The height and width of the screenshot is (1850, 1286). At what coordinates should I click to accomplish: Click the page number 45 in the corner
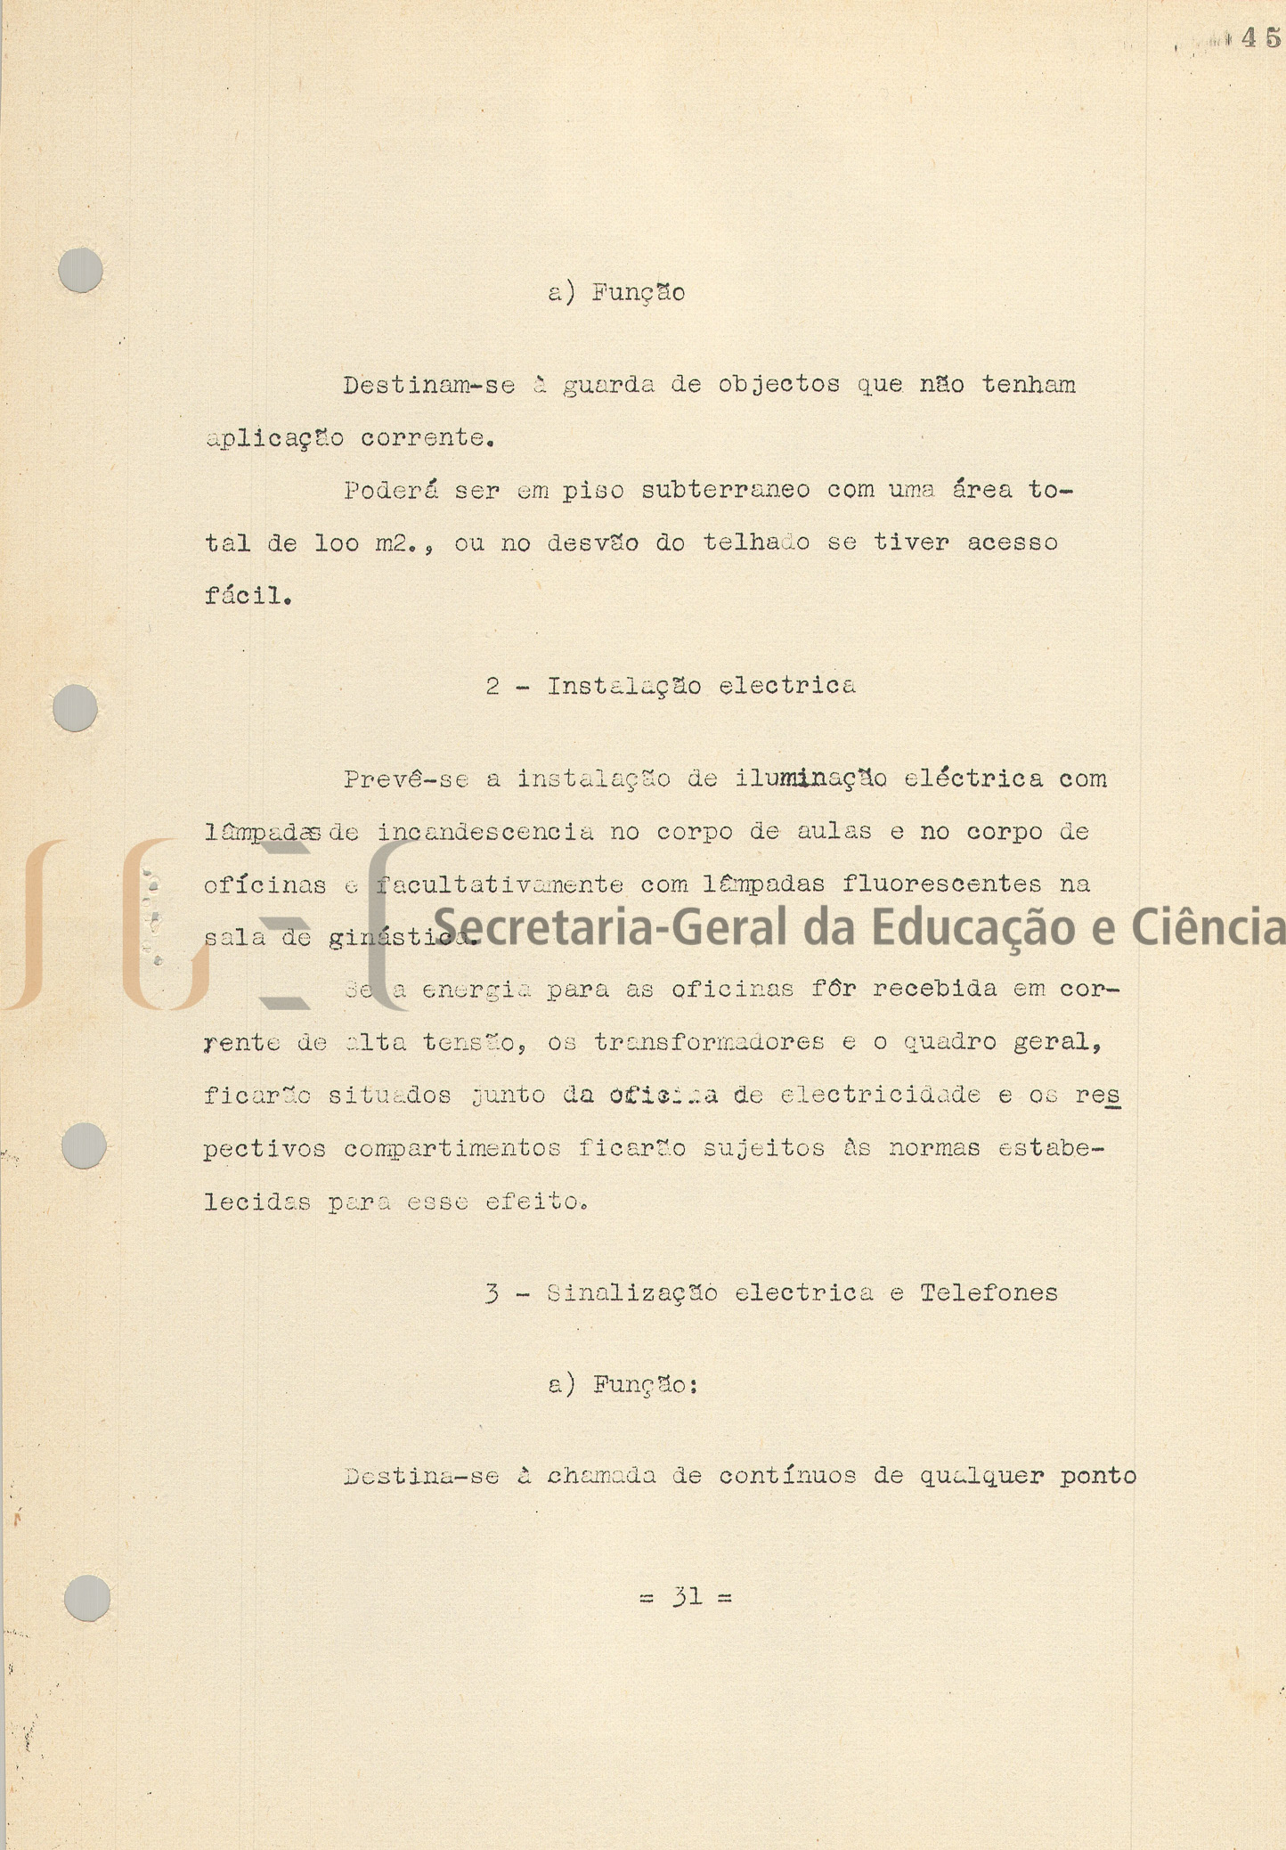coord(1260,37)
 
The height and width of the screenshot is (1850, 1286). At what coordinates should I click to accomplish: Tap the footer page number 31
coord(687,1597)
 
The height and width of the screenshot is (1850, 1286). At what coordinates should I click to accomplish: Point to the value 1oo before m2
coord(337,542)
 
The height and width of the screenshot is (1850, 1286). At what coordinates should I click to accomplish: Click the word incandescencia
coord(485,832)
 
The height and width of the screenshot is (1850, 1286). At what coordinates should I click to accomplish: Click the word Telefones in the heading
coord(989,1293)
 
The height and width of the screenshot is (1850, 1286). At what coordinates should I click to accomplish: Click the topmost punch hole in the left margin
coord(80,269)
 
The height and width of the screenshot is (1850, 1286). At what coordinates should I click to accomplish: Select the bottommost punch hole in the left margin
coord(87,1598)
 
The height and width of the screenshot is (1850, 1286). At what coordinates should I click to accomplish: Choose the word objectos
coord(779,385)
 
